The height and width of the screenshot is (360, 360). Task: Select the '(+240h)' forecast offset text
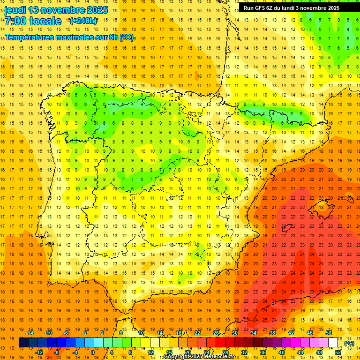[83, 21]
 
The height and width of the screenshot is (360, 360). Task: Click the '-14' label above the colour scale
[30, 333]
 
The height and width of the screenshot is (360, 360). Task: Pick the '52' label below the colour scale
[338, 352]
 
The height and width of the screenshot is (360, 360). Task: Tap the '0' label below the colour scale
[93, 352]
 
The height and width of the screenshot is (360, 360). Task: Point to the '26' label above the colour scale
[216, 333]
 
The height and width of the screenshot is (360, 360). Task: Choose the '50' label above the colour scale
[329, 333]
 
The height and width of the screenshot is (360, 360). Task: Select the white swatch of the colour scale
[333, 343]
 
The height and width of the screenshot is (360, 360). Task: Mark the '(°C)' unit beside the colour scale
[349, 343]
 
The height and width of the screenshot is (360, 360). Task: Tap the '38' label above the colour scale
[272, 333]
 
